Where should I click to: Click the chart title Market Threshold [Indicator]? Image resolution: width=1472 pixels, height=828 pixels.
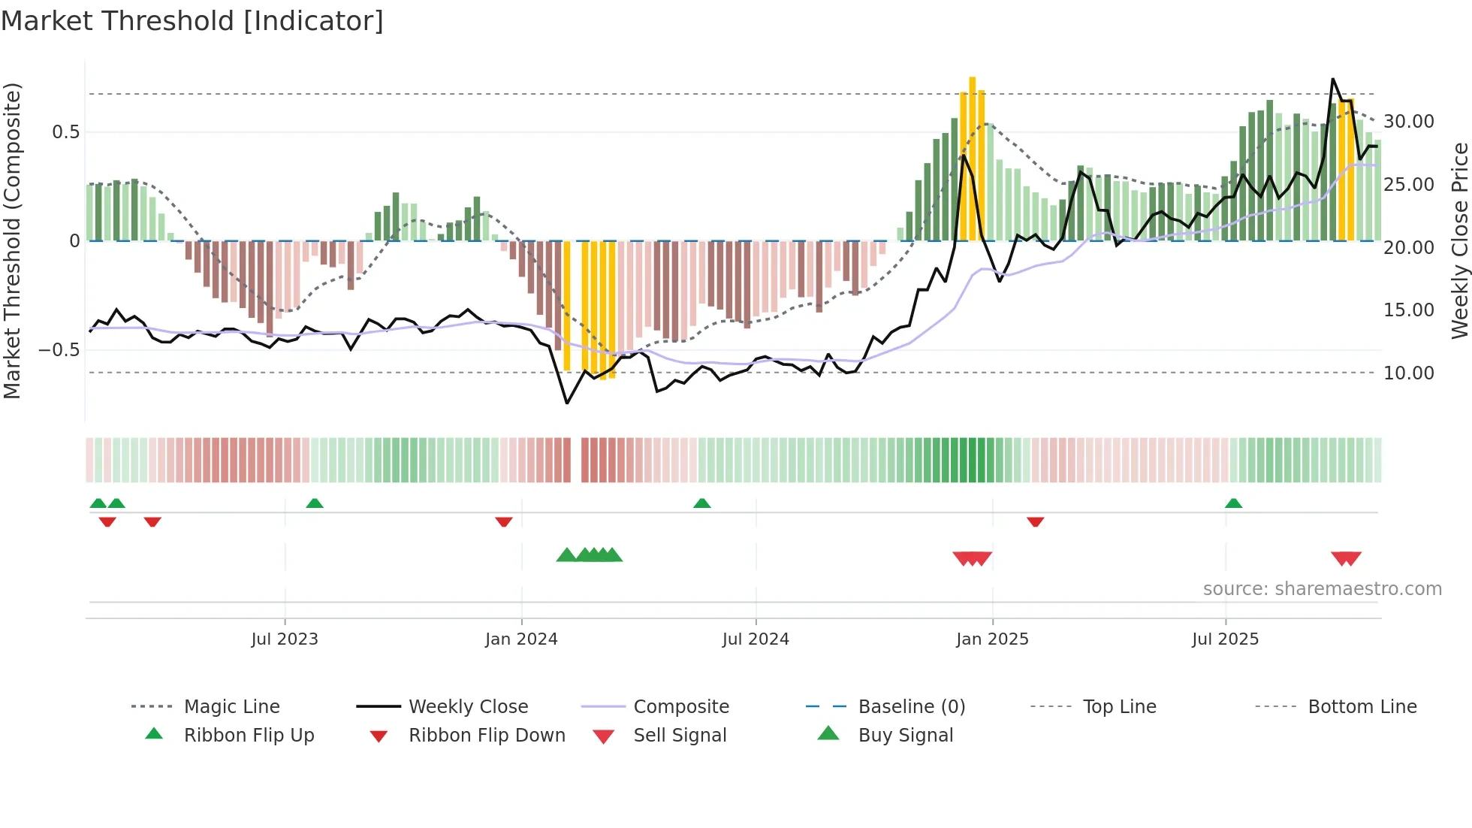pos(192,21)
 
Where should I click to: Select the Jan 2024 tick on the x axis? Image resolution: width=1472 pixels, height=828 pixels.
pos(521,639)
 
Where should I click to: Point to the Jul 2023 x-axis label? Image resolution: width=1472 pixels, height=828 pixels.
pos(285,639)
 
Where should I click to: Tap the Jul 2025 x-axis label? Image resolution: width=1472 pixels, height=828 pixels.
pos(1225,639)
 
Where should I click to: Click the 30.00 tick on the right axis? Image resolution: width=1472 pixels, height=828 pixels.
pos(1408,122)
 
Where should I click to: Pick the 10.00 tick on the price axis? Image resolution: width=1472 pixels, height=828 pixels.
pos(1408,373)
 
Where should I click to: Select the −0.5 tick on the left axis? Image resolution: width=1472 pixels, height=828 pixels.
pos(59,350)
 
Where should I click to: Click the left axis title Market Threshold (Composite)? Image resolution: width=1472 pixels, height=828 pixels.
pos(13,240)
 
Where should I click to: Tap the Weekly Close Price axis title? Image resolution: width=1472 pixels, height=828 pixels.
pos(1459,240)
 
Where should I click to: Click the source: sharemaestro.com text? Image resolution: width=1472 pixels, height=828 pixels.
pos(1322,588)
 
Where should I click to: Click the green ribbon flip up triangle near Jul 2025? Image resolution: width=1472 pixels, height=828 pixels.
pos(1233,503)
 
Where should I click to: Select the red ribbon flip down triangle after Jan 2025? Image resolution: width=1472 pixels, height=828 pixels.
pos(1035,521)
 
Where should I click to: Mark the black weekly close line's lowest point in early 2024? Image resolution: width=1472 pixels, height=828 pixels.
pos(567,403)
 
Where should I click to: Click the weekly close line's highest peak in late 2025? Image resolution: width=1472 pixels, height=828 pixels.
pos(1333,79)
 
